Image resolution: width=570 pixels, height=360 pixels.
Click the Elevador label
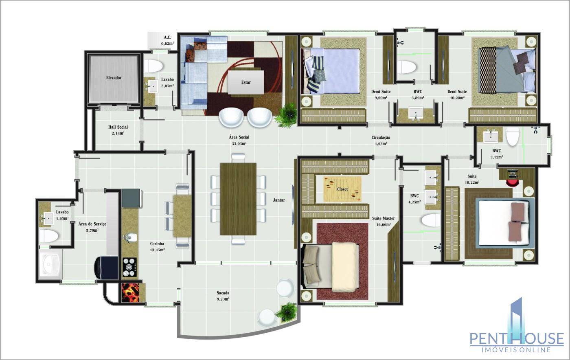pyautogui.click(x=114, y=78)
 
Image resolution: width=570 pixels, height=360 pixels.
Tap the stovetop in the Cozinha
pyautogui.click(x=130, y=267)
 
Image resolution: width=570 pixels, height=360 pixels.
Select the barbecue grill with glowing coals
pyautogui.click(x=131, y=292)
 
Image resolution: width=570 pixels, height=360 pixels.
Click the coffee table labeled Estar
pyautogui.click(x=246, y=82)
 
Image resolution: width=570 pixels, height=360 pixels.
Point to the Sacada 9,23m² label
pyautogui.click(x=223, y=296)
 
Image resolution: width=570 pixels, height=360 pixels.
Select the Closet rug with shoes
pyautogui.click(x=342, y=189)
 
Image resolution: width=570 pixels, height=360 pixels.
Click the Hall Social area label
pyautogui.click(x=118, y=130)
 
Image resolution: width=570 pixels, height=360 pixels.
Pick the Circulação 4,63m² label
pyautogui.click(x=381, y=140)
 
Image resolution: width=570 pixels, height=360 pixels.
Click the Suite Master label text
pyautogui.click(x=383, y=218)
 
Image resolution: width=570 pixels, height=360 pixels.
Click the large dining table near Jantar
pyautogui.click(x=238, y=199)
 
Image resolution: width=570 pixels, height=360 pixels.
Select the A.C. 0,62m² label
pyautogui.click(x=167, y=40)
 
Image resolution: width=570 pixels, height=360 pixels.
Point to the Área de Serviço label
pyautogui.click(x=92, y=224)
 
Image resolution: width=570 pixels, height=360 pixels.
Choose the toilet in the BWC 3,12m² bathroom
pyautogui.click(x=513, y=136)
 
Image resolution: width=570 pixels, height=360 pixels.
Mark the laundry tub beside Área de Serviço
pyautogui.click(x=51, y=264)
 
